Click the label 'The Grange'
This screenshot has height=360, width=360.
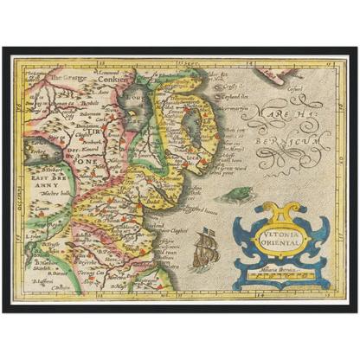pos(68,77)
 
